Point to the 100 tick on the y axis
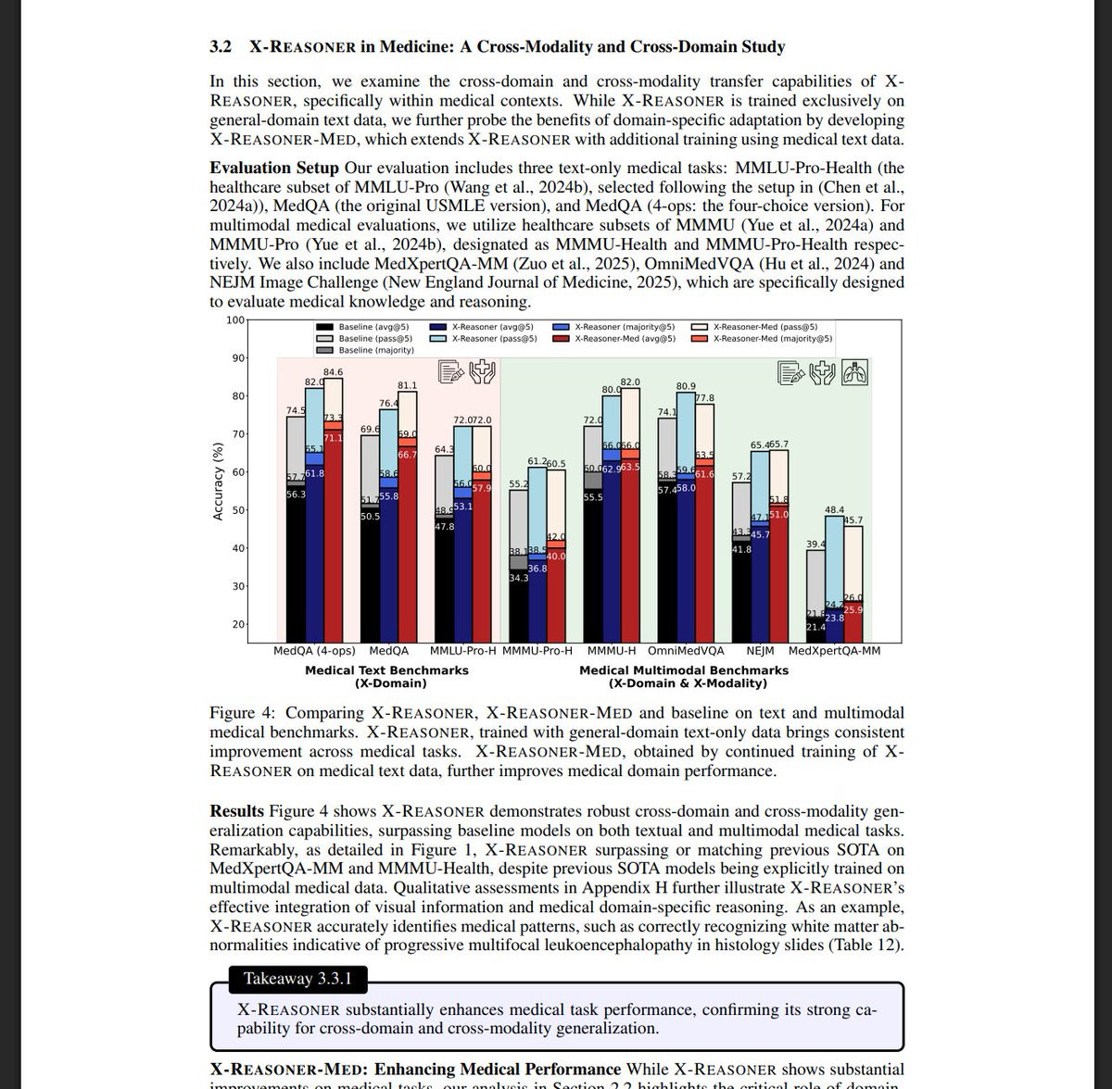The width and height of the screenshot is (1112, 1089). [x=234, y=320]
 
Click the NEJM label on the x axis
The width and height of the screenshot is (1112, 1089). [x=760, y=651]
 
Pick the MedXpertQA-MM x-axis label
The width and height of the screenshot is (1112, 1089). [x=834, y=651]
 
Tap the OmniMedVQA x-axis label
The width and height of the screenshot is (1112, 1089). [x=686, y=651]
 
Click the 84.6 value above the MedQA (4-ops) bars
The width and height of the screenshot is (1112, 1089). [x=333, y=372]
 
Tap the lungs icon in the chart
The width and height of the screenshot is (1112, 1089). [x=856, y=372]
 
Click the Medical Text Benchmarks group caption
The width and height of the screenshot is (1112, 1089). [x=386, y=670]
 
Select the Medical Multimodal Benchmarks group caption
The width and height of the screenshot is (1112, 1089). [x=684, y=670]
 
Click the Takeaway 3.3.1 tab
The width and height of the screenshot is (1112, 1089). [x=291, y=979]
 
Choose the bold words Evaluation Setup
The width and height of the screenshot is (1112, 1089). [x=274, y=168]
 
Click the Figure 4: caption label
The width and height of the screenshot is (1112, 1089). [x=243, y=713]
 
